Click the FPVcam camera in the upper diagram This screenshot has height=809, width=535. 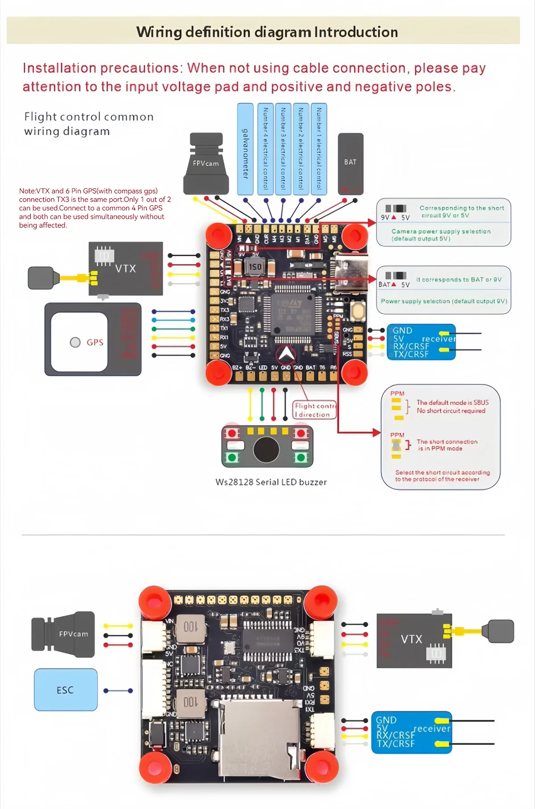pos(206,163)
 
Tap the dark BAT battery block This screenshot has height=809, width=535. pos(350,163)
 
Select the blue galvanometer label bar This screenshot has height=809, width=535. pos(245,149)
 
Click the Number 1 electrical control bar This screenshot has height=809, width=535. pos(319,149)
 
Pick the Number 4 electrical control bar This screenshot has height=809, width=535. pos(265,149)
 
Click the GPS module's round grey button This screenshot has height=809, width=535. pos(75,342)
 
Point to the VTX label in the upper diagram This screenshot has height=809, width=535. pos(125,269)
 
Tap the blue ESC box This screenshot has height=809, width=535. pos(66,690)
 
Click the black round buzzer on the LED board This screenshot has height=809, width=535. pos(266,450)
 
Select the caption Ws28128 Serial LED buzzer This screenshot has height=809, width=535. pos(271,482)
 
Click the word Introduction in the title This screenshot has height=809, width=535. pos(356,32)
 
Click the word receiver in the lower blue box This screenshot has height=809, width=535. pos(432,728)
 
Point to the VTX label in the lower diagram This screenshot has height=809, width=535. pos(411,639)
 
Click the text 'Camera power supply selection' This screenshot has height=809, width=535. pos(441,231)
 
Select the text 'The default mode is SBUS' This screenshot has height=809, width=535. pos(453,402)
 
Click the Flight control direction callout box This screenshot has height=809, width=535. pos(314,410)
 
